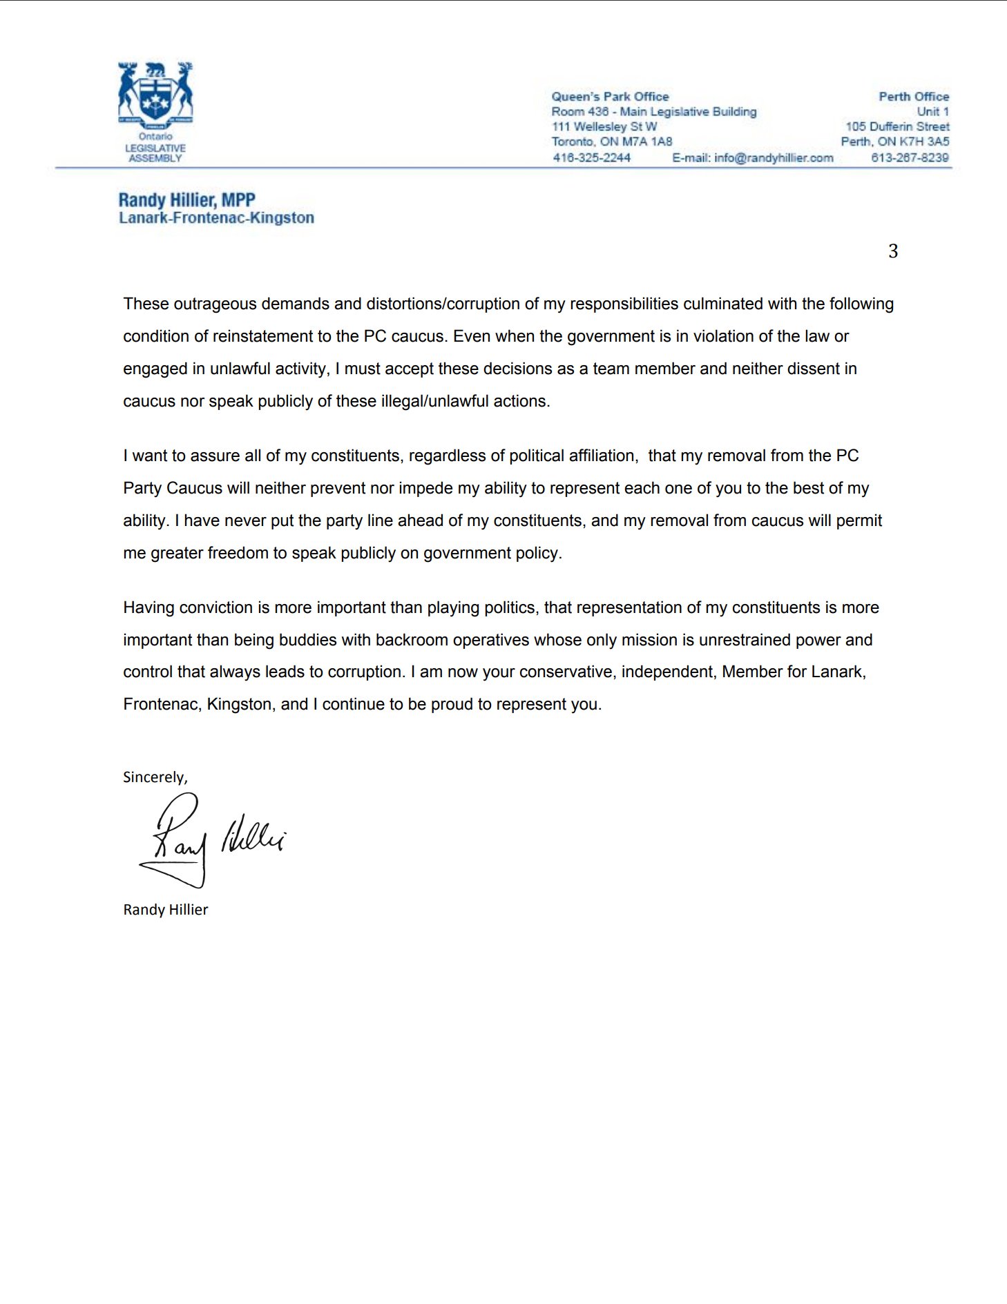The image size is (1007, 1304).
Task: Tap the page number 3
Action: [x=893, y=251]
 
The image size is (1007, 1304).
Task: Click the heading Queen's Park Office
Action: [x=610, y=97]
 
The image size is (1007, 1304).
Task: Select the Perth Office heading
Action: [x=913, y=97]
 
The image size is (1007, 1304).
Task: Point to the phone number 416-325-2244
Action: [x=591, y=157]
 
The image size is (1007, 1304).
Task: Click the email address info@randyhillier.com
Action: [x=774, y=157]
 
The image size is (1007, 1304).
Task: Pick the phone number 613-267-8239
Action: [x=910, y=157]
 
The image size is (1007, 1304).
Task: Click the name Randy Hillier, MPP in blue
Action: [x=187, y=200]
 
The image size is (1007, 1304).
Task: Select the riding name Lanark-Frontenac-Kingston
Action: [x=216, y=218]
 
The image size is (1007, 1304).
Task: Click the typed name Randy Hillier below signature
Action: [x=166, y=910]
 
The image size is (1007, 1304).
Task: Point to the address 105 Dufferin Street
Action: [x=897, y=126]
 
